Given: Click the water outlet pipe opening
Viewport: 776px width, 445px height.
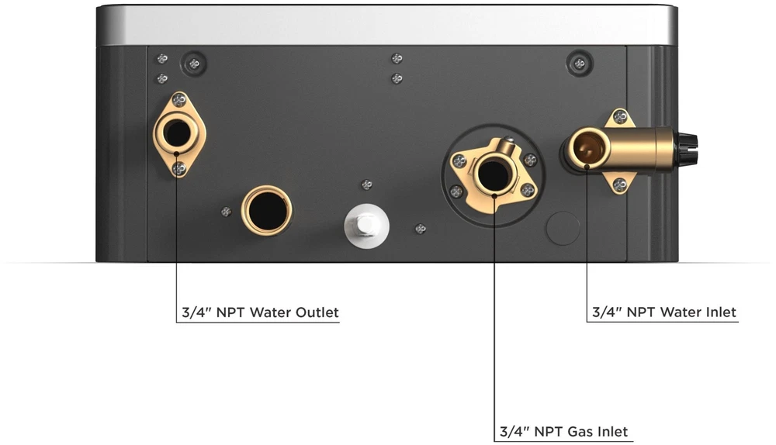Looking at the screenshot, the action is click(x=176, y=133).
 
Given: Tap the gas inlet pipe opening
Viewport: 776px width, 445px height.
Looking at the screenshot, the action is click(x=494, y=174).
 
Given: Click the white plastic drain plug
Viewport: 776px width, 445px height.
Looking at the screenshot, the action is click(x=366, y=226).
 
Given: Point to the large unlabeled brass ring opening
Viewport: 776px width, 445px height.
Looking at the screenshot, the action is click(x=267, y=211).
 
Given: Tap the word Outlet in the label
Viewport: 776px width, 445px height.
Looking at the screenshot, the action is click(x=317, y=312).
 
